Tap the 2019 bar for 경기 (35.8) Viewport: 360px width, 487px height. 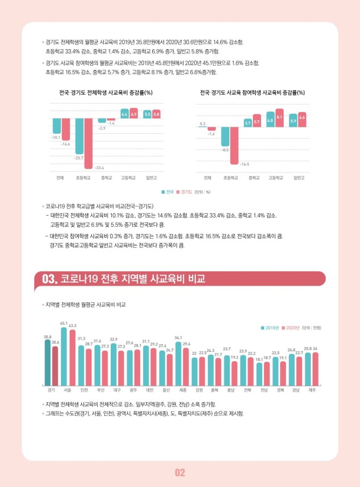click(47, 362)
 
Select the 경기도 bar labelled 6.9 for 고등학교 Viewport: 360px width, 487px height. click(134, 113)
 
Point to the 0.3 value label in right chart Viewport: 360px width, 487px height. click(203, 123)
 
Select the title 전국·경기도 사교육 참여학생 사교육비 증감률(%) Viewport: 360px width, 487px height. click(252, 92)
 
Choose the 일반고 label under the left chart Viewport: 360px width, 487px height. click(152, 177)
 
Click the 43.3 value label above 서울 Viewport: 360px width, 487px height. click(72, 326)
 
